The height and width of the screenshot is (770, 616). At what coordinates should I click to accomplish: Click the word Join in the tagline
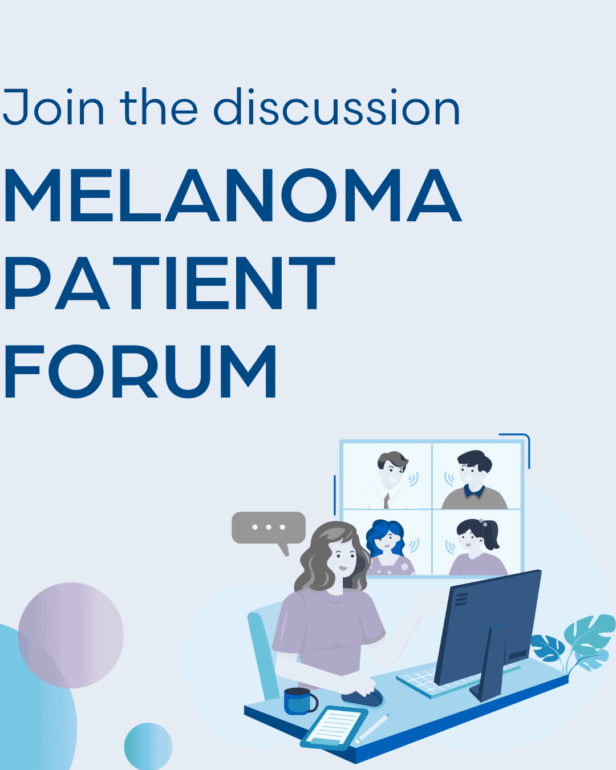[x=54, y=107]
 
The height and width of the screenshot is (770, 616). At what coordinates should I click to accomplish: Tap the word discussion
[x=337, y=107]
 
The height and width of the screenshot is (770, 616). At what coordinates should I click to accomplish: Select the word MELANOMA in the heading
[x=232, y=196]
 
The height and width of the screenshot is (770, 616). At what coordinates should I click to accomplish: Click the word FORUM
[x=140, y=371]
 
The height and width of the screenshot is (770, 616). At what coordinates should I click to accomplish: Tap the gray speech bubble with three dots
[x=269, y=528]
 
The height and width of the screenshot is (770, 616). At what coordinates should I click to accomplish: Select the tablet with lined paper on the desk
[x=334, y=727]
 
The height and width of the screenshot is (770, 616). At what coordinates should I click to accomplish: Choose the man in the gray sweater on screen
[x=475, y=479]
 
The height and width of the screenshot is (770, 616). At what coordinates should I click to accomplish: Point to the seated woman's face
[x=343, y=557]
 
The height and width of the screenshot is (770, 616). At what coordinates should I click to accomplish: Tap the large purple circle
[x=71, y=635]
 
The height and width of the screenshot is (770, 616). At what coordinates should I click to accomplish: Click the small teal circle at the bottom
[x=148, y=746]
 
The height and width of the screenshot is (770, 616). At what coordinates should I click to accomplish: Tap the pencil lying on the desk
[x=374, y=727]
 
